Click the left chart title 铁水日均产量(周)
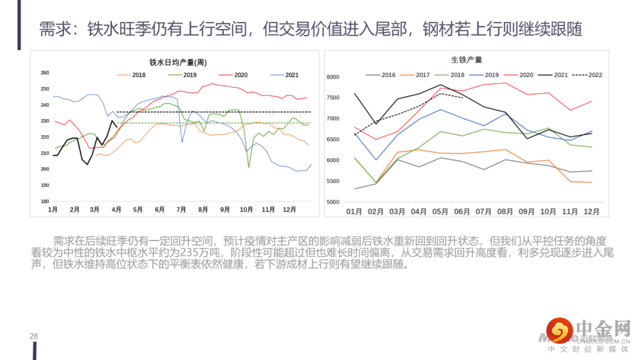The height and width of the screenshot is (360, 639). point(177,62)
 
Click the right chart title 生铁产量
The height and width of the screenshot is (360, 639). point(466,60)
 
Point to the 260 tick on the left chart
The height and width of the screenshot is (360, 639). point(45,73)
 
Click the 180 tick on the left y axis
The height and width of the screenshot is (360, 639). point(45,201)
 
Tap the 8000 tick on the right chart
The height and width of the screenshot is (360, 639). point(333,78)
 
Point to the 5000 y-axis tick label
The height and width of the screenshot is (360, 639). point(333,202)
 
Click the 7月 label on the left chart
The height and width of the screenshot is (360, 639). point(182,210)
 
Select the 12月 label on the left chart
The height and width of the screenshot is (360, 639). point(290,210)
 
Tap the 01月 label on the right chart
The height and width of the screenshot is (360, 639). point(354,211)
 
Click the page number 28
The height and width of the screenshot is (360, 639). point(34,336)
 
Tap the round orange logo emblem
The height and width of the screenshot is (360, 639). point(558,330)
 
